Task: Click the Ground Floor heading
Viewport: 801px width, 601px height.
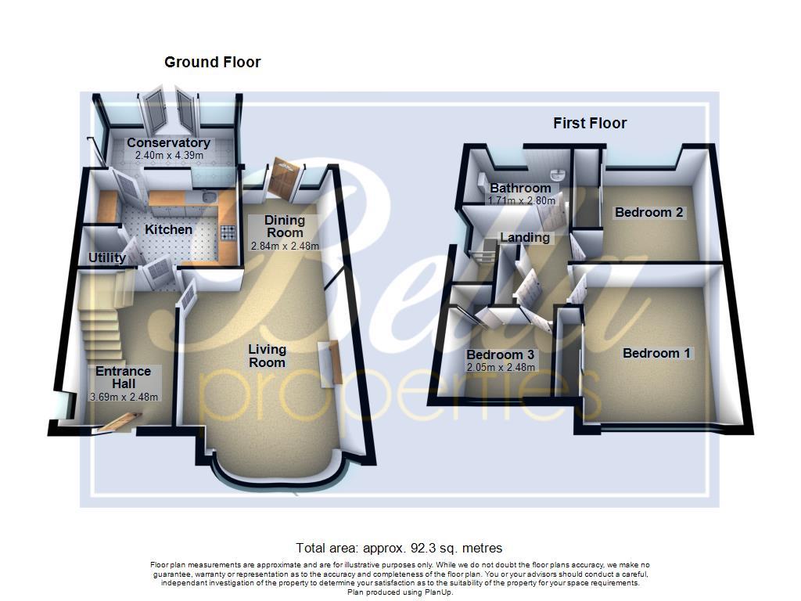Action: pos(212,62)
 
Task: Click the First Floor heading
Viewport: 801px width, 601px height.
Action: pos(590,123)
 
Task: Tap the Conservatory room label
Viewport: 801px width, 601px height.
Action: pos(168,143)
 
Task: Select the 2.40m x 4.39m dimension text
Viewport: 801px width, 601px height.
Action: pos(169,156)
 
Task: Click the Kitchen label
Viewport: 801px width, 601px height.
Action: pos(169,229)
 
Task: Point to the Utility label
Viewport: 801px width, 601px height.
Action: pos(107,257)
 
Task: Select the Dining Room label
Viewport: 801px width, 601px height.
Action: pos(284,226)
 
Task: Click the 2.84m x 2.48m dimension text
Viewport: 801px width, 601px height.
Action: pos(286,246)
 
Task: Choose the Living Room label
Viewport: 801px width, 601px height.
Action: pos(268,355)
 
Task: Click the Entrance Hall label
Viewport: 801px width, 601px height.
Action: pos(123,377)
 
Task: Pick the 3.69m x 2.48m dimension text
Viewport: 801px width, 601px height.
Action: pos(124,397)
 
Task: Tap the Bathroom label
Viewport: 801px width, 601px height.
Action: pos(520,188)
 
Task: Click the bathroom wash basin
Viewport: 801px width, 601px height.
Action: pos(558,174)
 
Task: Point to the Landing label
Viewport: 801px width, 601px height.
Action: pos(525,237)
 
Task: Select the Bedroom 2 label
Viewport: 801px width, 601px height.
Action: pos(649,212)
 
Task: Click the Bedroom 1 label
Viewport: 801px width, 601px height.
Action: pos(656,353)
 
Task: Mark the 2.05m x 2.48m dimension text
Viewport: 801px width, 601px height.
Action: pos(501,367)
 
